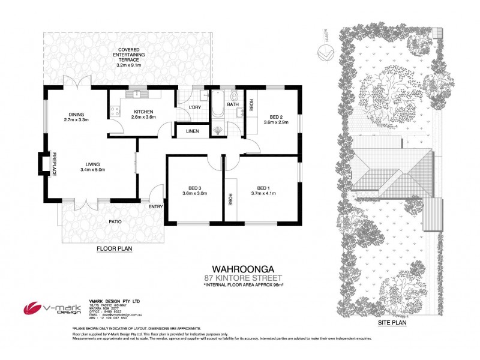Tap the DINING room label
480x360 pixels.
click(76, 114)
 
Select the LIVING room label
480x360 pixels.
click(92, 164)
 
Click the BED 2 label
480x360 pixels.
click(276, 117)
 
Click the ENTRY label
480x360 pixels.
click(155, 207)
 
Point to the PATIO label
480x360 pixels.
click(116, 222)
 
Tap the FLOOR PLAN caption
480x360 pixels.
click(115, 247)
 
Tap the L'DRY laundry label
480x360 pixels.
click(194, 107)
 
